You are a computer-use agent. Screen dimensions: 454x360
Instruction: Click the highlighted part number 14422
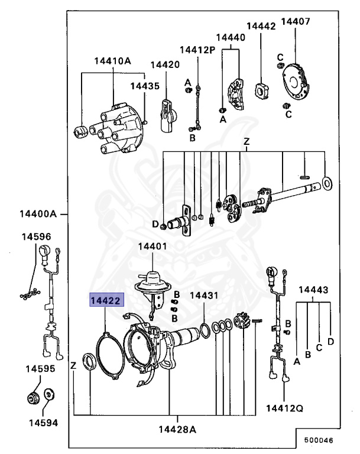[105, 300]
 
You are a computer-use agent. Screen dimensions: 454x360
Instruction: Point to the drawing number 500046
[318, 440]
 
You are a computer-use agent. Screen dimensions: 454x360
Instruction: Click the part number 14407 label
[295, 22]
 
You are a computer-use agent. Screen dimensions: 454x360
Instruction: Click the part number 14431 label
[204, 295]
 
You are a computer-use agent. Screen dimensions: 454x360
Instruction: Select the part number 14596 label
[37, 236]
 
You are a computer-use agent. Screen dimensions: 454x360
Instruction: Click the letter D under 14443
[330, 342]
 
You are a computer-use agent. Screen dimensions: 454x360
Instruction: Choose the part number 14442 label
[261, 27]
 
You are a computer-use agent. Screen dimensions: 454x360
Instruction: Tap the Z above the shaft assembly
[247, 142]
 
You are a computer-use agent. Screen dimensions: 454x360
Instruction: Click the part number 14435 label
[145, 86]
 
